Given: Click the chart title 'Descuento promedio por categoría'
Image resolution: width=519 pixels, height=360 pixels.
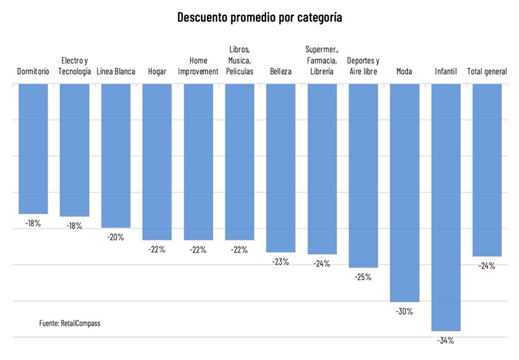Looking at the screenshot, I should (x=259, y=17).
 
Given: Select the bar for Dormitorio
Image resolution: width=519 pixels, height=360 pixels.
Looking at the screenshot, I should (x=33, y=148).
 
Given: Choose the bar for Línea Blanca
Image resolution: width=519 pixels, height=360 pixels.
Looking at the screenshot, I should (x=116, y=155).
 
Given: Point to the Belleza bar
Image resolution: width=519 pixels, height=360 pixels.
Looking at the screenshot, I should (x=280, y=167).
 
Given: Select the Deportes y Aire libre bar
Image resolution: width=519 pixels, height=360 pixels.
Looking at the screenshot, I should (x=363, y=175).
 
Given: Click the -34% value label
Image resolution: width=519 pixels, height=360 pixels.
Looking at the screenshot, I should (x=446, y=341).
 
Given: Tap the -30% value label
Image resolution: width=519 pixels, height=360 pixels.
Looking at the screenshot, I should (x=404, y=311).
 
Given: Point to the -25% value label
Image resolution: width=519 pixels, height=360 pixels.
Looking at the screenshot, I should (x=363, y=277).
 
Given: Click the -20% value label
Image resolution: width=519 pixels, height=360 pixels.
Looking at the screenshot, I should (x=116, y=236).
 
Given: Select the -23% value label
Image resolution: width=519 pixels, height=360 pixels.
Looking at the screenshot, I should (x=280, y=261).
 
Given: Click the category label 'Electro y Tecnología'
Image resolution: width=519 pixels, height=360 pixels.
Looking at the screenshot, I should (x=74, y=66).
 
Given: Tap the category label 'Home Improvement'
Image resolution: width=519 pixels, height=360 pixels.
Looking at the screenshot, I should (x=198, y=66).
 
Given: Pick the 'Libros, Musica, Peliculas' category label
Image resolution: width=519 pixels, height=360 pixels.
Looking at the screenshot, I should (x=240, y=60).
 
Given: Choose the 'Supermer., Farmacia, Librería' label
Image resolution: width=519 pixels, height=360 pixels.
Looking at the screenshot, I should (x=322, y=60).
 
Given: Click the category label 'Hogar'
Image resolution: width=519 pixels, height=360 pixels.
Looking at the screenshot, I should (x=157, y=71).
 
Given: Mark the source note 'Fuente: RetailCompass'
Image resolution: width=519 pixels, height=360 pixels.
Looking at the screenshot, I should (x=70, y=323).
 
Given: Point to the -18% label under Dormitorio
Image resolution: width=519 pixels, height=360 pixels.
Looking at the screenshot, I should (x=33, y=223).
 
